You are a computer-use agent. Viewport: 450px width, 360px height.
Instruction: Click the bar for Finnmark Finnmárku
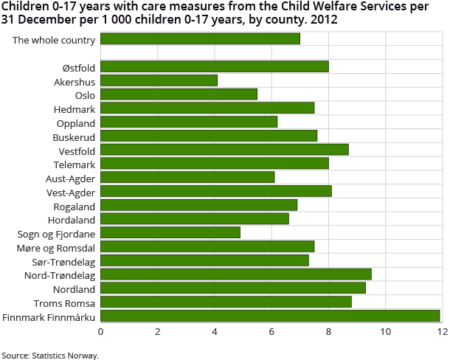point(270,316)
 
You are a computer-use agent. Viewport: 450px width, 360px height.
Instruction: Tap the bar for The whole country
point(201,39)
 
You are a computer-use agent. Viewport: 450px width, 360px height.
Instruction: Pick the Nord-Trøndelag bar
point(236,274)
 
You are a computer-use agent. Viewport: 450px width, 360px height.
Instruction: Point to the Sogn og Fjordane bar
point(170,233)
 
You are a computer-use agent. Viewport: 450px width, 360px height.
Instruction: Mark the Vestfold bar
point(224,150)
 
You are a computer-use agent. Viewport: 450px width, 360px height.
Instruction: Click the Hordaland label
point(72,219)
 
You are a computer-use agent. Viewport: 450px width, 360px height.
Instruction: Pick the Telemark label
point(75,164)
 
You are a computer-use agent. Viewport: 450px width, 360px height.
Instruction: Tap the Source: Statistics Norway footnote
point(50,355)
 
